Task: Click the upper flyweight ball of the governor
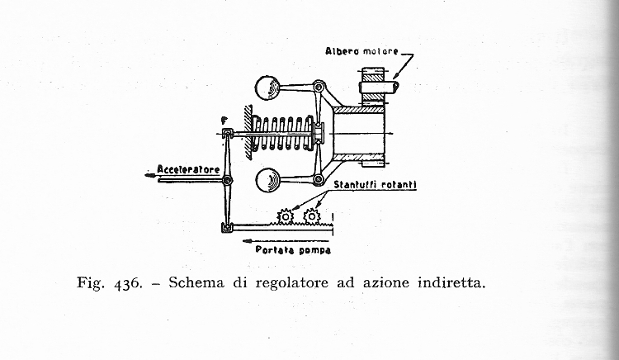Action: pyautogui.click(x=267, y=88)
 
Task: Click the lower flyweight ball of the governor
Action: pyautogui.click(x=267, y=180)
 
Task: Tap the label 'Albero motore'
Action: pyautogui.click(x=362, y=51)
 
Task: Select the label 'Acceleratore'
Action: pyautogui.click(x=188, y=169)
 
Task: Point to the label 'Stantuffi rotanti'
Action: pyautogui.click(x=375, y=185)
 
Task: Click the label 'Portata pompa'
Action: pyautogui.click(x=293, y=250)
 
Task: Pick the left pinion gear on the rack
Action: pyautogui.click(x=285, y=216)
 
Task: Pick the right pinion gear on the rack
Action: pyautogui.click(x=311, y=216)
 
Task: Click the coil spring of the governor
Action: pyautogui.click(x=283, y=134)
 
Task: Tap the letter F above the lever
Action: pyautogui.click(x=224, y=121)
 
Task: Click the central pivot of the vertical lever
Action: pyautogui.click(x=227, y=180)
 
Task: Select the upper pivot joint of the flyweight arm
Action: pyautogui.click(x=319, y=87)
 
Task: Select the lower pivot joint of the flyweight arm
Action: pyautogui.click(x=319, y=180)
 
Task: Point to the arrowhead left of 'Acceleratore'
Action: pyautogui.click(x=149, y=175)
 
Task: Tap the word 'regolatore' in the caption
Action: pyautogui.click(x=291, y=283)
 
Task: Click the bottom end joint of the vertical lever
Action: pyautogui.click(x=227, y=227)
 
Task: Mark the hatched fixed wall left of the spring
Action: pyautogui.click(x=248, y=132)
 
